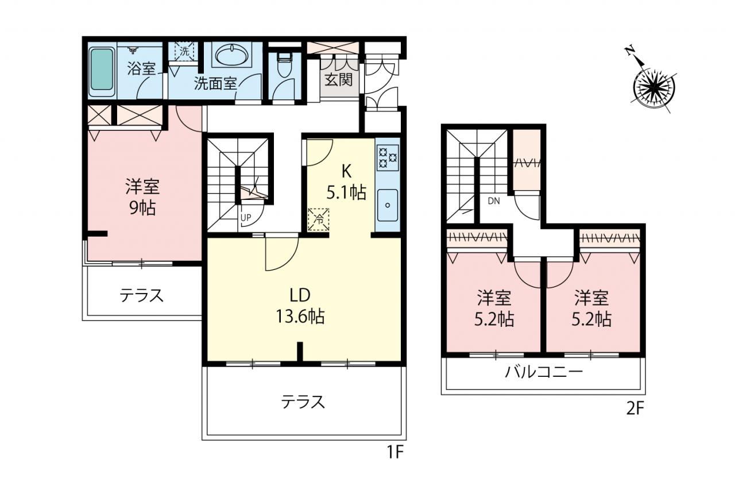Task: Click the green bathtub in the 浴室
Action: pyautogui.click(x=102, y=72)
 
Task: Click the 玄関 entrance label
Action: pyautogui.click(x=339, y=80)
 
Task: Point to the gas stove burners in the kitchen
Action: pyautogui.click(x=388, y=157)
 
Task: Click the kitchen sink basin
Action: pyautogui.click(x=388, y=205)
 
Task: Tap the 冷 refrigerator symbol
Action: pyautogui.click(x=318, y=219)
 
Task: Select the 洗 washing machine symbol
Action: pyautogui.click(x=184, y=52)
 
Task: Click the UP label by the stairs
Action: pyautogui.click(x=246, y=218)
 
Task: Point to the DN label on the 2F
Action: pyautogui.click(x=494, y=201)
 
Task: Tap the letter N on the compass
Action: pyautogui.click(x=629, y=60)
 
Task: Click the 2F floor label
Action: pyautogui.click(x=636, y=408)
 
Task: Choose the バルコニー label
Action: pyautogui.click(x=544, y=372)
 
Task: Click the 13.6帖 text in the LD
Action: pyautogui.click(x=300, y=317)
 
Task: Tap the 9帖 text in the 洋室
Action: pyautogui.click(x=142, y=208)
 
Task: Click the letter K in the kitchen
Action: pyautogui.click(x=346, y=171)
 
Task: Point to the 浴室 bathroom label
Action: pyautogui.click(x=141, y=68)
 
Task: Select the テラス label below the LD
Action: pyautogui.click(x=303, y=402)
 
